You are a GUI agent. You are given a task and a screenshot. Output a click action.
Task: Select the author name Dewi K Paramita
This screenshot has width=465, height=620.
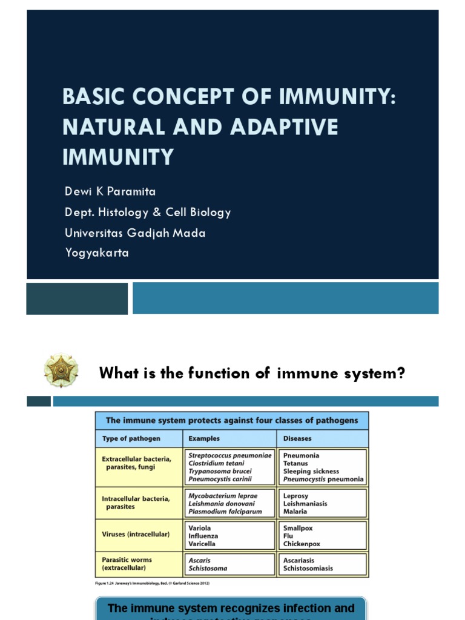tap(110, 192)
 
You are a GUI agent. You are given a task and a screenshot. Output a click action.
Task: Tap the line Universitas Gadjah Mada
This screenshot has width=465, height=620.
tap(135, 232)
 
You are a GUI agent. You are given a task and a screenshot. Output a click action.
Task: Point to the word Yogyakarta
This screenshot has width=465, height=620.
tap(97, 253)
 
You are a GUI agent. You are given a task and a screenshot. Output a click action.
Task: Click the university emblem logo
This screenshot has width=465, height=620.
tap(61, 371)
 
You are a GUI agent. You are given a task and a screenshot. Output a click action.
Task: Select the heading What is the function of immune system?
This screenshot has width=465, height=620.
tap(252, 374)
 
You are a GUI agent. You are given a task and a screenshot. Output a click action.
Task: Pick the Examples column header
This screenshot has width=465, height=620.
tap(204, 438)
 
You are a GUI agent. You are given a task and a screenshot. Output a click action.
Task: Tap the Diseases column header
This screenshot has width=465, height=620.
tap(297, 438)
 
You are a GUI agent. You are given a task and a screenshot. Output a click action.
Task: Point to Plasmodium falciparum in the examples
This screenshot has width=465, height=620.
tap(225, 511)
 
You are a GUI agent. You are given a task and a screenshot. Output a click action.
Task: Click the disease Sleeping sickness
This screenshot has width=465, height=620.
tap(311, 471)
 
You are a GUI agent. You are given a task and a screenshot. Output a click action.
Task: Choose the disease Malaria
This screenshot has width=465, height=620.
tap(295, 511)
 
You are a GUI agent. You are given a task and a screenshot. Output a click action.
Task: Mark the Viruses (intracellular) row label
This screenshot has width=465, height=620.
tap(136, 535)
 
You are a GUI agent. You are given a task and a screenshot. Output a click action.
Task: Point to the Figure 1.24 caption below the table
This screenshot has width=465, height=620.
tap(155, 584)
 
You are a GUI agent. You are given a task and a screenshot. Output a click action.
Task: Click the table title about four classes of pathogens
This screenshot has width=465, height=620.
tap(232, 421)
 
